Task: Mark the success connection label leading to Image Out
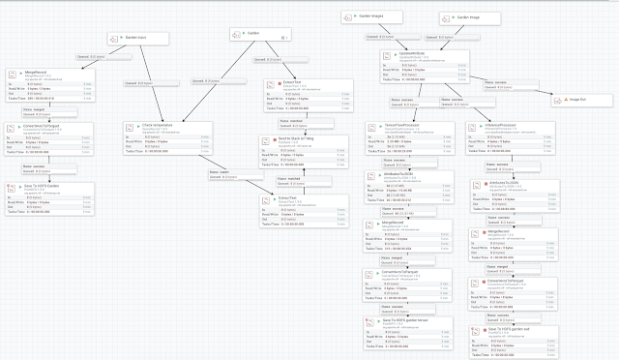(x=497, y=83)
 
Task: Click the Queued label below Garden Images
(x=380, y=37)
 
